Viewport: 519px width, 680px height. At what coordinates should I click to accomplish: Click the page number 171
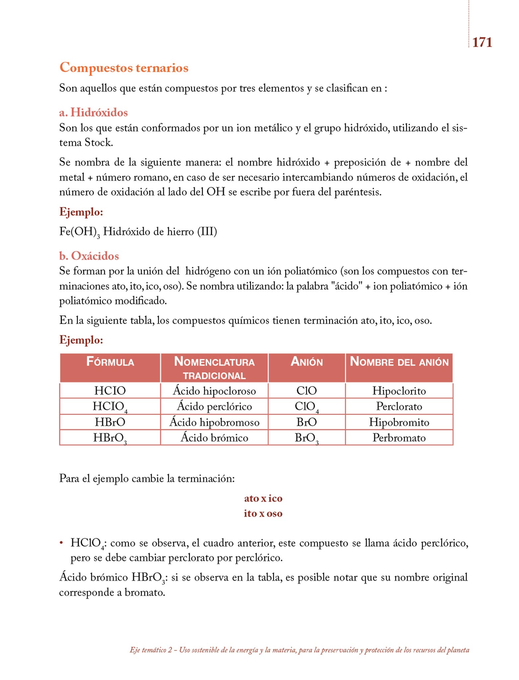click(x=482, y=42)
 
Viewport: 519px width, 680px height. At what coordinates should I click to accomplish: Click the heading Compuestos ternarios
click(x=124, y=67)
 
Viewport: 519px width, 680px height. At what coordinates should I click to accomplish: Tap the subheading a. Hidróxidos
click(x=93, y=113)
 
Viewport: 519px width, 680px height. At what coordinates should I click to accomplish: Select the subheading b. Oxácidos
click(x=89, y=256)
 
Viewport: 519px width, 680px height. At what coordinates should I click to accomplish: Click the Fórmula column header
click(x=110, y=362)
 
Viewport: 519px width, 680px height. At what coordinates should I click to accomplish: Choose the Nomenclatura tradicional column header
click(x=214, y=368)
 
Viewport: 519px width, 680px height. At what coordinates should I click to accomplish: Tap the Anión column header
click(x=307, y=362)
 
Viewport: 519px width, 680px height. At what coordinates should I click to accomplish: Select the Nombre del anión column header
click(x=399, y=362)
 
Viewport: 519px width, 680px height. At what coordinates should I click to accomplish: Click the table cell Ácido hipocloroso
click(x=214, y=391)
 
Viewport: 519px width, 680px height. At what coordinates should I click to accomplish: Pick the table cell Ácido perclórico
click(x=214, y=406)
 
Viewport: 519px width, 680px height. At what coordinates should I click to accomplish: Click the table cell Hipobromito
click(x=399, y=422)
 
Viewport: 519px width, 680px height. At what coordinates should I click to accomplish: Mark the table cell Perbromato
click(x=399, y=438)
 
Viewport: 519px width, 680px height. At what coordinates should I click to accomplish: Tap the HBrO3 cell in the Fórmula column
click(x=110, y=438)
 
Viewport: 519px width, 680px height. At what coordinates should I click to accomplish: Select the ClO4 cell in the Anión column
click(x=307, y=406)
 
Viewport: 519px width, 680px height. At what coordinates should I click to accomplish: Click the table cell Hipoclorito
click(x=399, y=391)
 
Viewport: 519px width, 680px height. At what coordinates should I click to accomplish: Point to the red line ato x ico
click(x=263, y=498)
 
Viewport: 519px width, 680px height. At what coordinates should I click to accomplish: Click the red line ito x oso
click(x=263, y=513)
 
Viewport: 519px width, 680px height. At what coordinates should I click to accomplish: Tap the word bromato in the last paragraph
click(x=145, y=592)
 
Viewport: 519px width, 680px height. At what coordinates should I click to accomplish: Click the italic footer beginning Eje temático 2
click(x=299, y=650)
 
